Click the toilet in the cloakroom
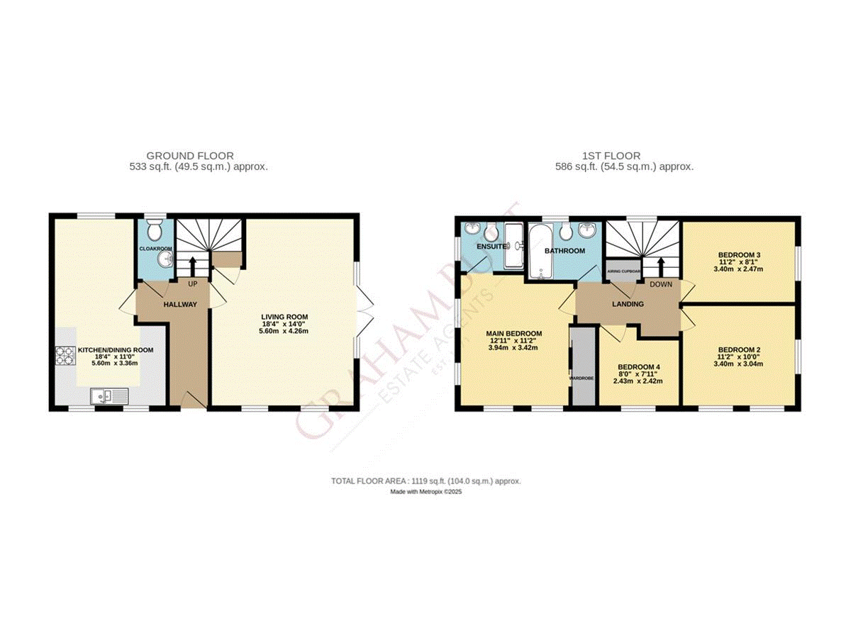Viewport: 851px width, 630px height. pos(155,230)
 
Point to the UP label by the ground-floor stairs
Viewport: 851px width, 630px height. pos(192,283)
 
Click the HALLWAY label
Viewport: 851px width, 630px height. pos(180,304)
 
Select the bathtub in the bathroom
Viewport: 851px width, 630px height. pos(540,250)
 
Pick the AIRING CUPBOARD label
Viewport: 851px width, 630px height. pos(623,271)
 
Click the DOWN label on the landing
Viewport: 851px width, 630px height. pos(661,283)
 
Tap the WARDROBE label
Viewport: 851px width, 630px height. pos(582,378)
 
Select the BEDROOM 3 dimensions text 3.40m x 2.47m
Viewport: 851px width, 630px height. pos(739,270)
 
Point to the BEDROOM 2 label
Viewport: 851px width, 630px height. pos(739,349)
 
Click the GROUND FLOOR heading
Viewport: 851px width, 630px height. pos(190,156)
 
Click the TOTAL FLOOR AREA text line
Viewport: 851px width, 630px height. pos(426,480)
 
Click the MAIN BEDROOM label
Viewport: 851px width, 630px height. pos(514,333)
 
